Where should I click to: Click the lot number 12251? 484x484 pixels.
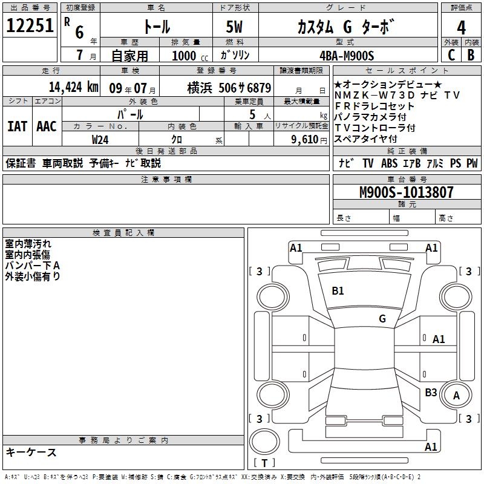click(30, 26)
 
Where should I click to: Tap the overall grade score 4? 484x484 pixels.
click(461, 27)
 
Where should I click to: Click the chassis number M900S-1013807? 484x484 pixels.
click(406, 192)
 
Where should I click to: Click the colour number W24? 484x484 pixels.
click(100, 139)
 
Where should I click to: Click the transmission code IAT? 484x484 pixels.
click(17, 126)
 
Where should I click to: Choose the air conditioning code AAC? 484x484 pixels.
click(47, 126)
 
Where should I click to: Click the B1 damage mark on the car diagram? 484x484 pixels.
click(338, 291)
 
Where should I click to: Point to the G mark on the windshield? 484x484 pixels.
click(382, 318)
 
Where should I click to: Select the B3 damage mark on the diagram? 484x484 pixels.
click(431, 393)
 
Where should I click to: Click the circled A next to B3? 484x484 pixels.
click(457, 396)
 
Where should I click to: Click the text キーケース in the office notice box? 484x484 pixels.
click(31, 453)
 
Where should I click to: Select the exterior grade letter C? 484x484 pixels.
click(451, 55)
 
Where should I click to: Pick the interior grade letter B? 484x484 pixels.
click(471, 55)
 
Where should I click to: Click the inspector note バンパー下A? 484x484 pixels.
click(33, 266)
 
